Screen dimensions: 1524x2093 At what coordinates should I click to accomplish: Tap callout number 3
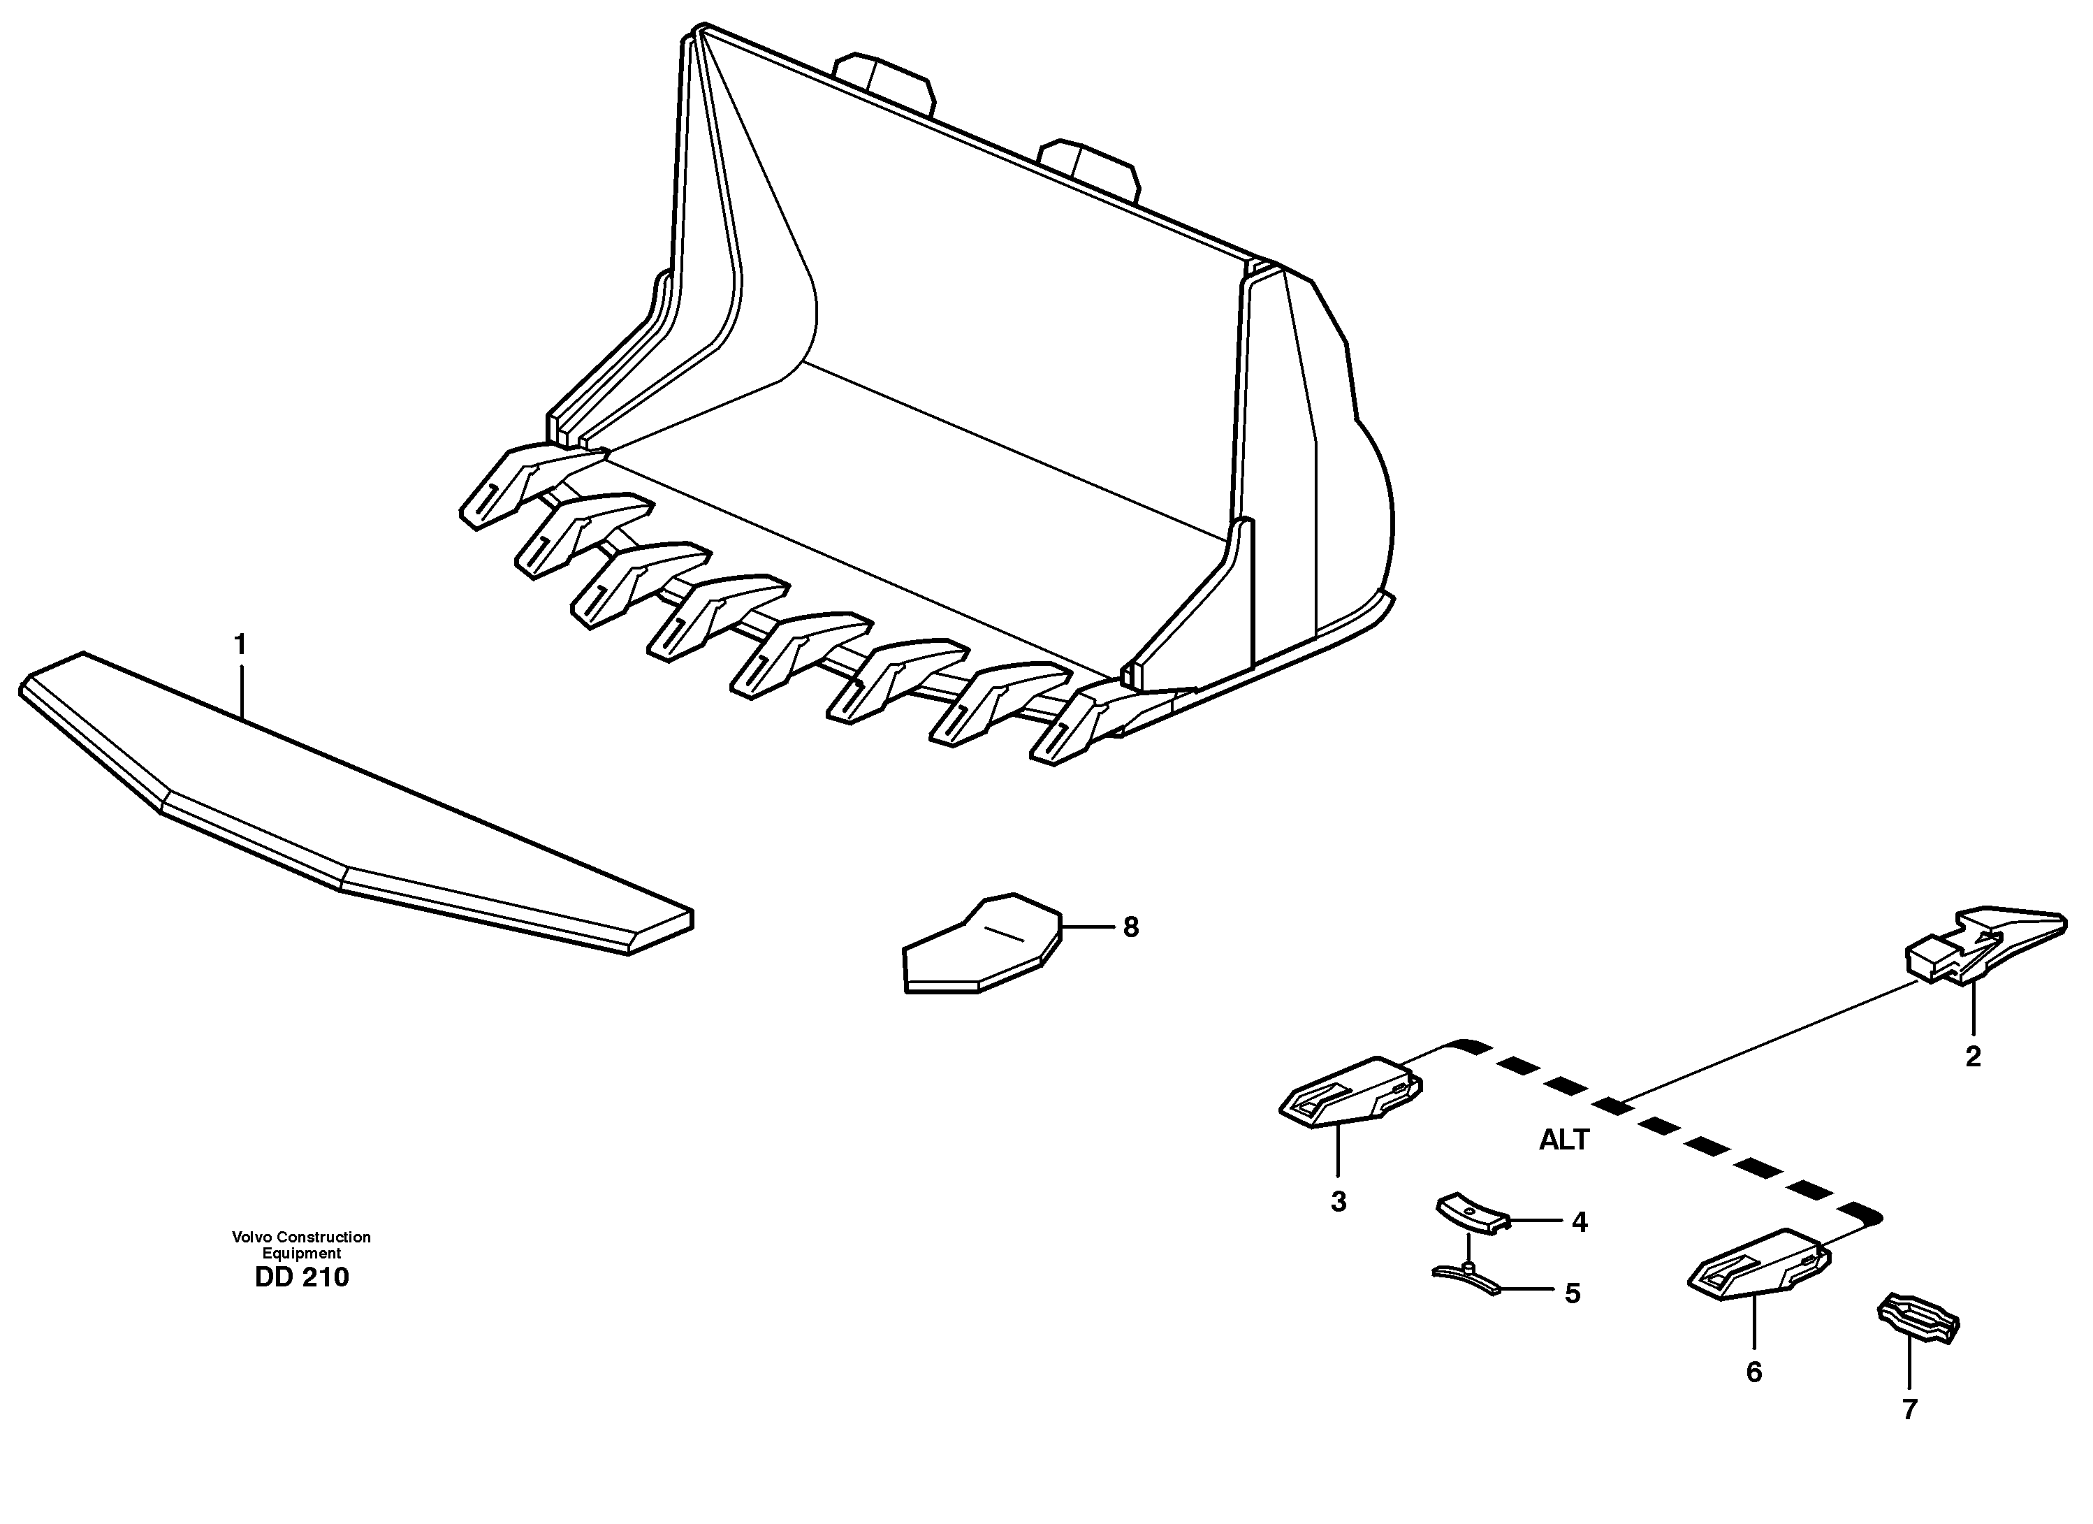(x=1338, y=1203)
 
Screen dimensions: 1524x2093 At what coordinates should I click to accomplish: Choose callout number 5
(x=1573, y=1294)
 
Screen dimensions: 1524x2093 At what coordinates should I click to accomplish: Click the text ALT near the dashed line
(x=1563, y=1141)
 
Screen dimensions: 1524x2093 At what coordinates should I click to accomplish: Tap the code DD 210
(x=302, y=1279)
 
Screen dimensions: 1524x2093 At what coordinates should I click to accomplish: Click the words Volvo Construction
(x=301, y=1237)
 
